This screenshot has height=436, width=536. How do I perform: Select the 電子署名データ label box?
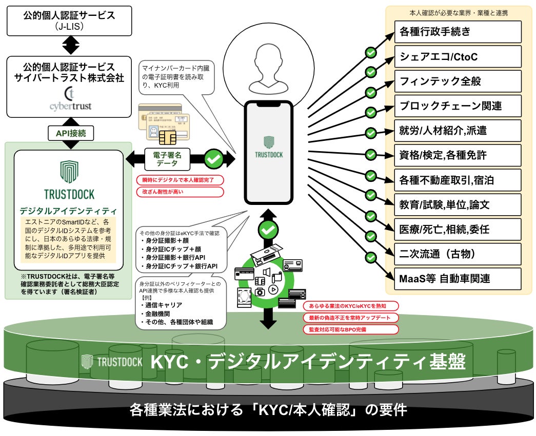(167, 159)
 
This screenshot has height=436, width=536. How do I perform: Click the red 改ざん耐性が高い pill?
(180, 192)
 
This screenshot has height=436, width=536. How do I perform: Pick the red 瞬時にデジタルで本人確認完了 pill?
(180, 180)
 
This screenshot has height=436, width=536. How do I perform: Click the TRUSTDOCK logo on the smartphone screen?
(269, 148)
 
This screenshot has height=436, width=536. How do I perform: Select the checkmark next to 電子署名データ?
(214, 159)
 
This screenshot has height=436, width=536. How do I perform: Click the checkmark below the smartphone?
(268, 229)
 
